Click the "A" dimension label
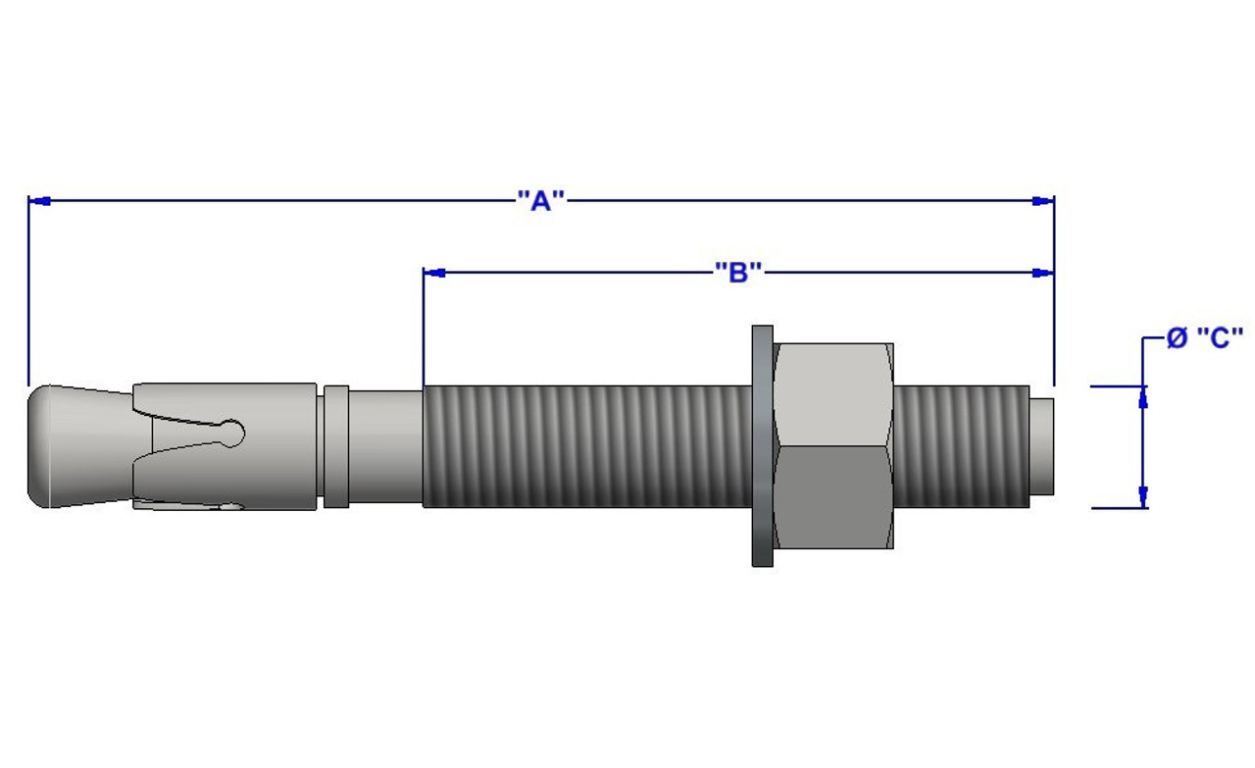coord(541,201)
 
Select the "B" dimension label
coord(738,272)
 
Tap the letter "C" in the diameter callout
coord(1220,338)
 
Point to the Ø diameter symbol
coord(1177,338)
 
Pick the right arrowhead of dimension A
coord(1042,201)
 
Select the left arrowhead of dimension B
coord(434,272)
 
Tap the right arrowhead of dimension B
coord(1042,272)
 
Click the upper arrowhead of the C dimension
coord(1142,397)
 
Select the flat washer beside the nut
coord(762,446)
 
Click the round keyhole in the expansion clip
coord(232,432)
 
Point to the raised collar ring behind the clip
coord(335,446)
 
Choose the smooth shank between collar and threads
coord(385,447)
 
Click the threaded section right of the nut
coord(961,446)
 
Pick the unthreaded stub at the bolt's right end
coord(1042,446)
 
